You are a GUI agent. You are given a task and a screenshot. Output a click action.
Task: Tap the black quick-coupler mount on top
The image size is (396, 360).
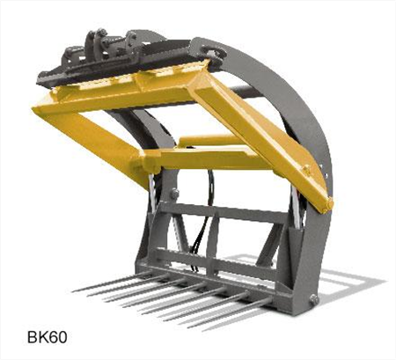click(106, 53)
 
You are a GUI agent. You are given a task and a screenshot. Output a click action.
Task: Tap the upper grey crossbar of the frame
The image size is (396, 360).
click(233, 209)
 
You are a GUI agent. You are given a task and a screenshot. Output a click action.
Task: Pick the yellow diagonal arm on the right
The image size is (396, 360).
click(264, 132)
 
